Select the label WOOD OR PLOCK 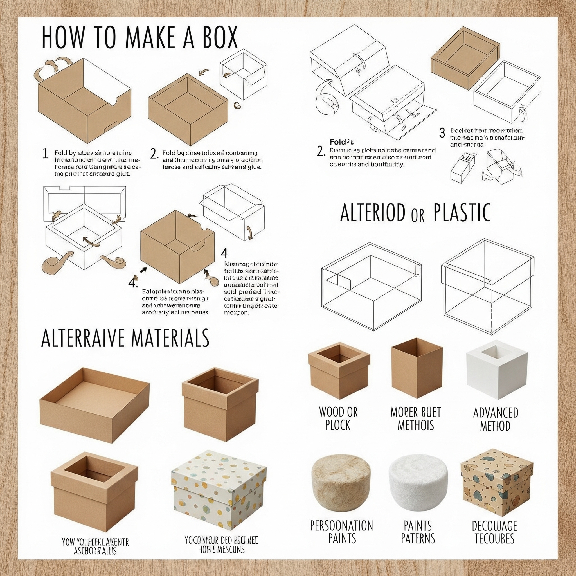click(x=338, y=418)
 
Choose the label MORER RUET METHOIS click(x=416, y=418)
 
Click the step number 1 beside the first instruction click(x=45, y=154)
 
